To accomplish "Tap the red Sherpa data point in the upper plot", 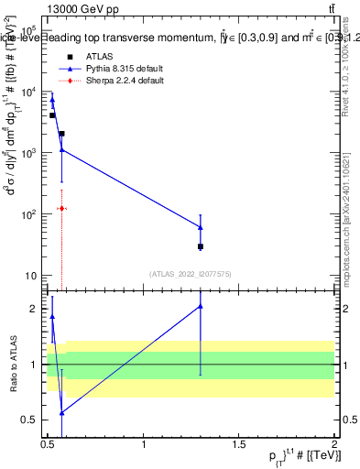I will pyautogui.click(x=61, y=209).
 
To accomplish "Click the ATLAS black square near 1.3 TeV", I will pyautogui.click(x=201, y=246).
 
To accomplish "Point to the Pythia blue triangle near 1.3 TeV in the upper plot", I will pyautogui.click(x=201, y=227).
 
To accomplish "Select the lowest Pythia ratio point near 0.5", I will pyautogui.click(x=61, y=413).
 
